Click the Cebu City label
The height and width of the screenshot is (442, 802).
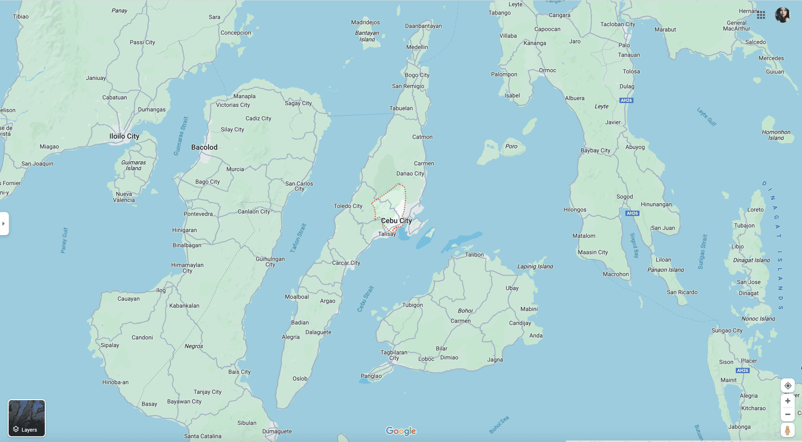point(396,221)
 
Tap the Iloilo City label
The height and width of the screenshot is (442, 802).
point(124,136)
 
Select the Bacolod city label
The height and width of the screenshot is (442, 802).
point(204,147)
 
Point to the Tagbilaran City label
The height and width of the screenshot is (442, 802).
point(394,355)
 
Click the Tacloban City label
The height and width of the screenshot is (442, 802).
point(618,24)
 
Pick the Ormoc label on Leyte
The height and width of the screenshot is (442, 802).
point(547,70)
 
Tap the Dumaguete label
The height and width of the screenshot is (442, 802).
point(277,431)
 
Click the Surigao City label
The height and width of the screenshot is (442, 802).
point(727,330)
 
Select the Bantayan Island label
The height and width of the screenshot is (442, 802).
point(367,36)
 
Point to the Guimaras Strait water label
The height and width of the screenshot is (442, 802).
point(181,136)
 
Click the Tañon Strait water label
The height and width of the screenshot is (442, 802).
point(298,238)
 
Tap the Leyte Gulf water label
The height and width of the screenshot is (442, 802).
point(706,117)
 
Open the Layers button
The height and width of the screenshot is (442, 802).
point(27,418)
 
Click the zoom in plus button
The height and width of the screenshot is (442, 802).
point(788,401)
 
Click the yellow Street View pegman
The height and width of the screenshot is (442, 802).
point(788,430)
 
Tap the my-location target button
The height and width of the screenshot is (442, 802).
point(788,386)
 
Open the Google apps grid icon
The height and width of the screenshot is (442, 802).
point(761,15)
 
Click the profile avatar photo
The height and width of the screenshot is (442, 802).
point(782,15)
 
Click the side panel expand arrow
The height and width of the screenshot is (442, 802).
point(4,224)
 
